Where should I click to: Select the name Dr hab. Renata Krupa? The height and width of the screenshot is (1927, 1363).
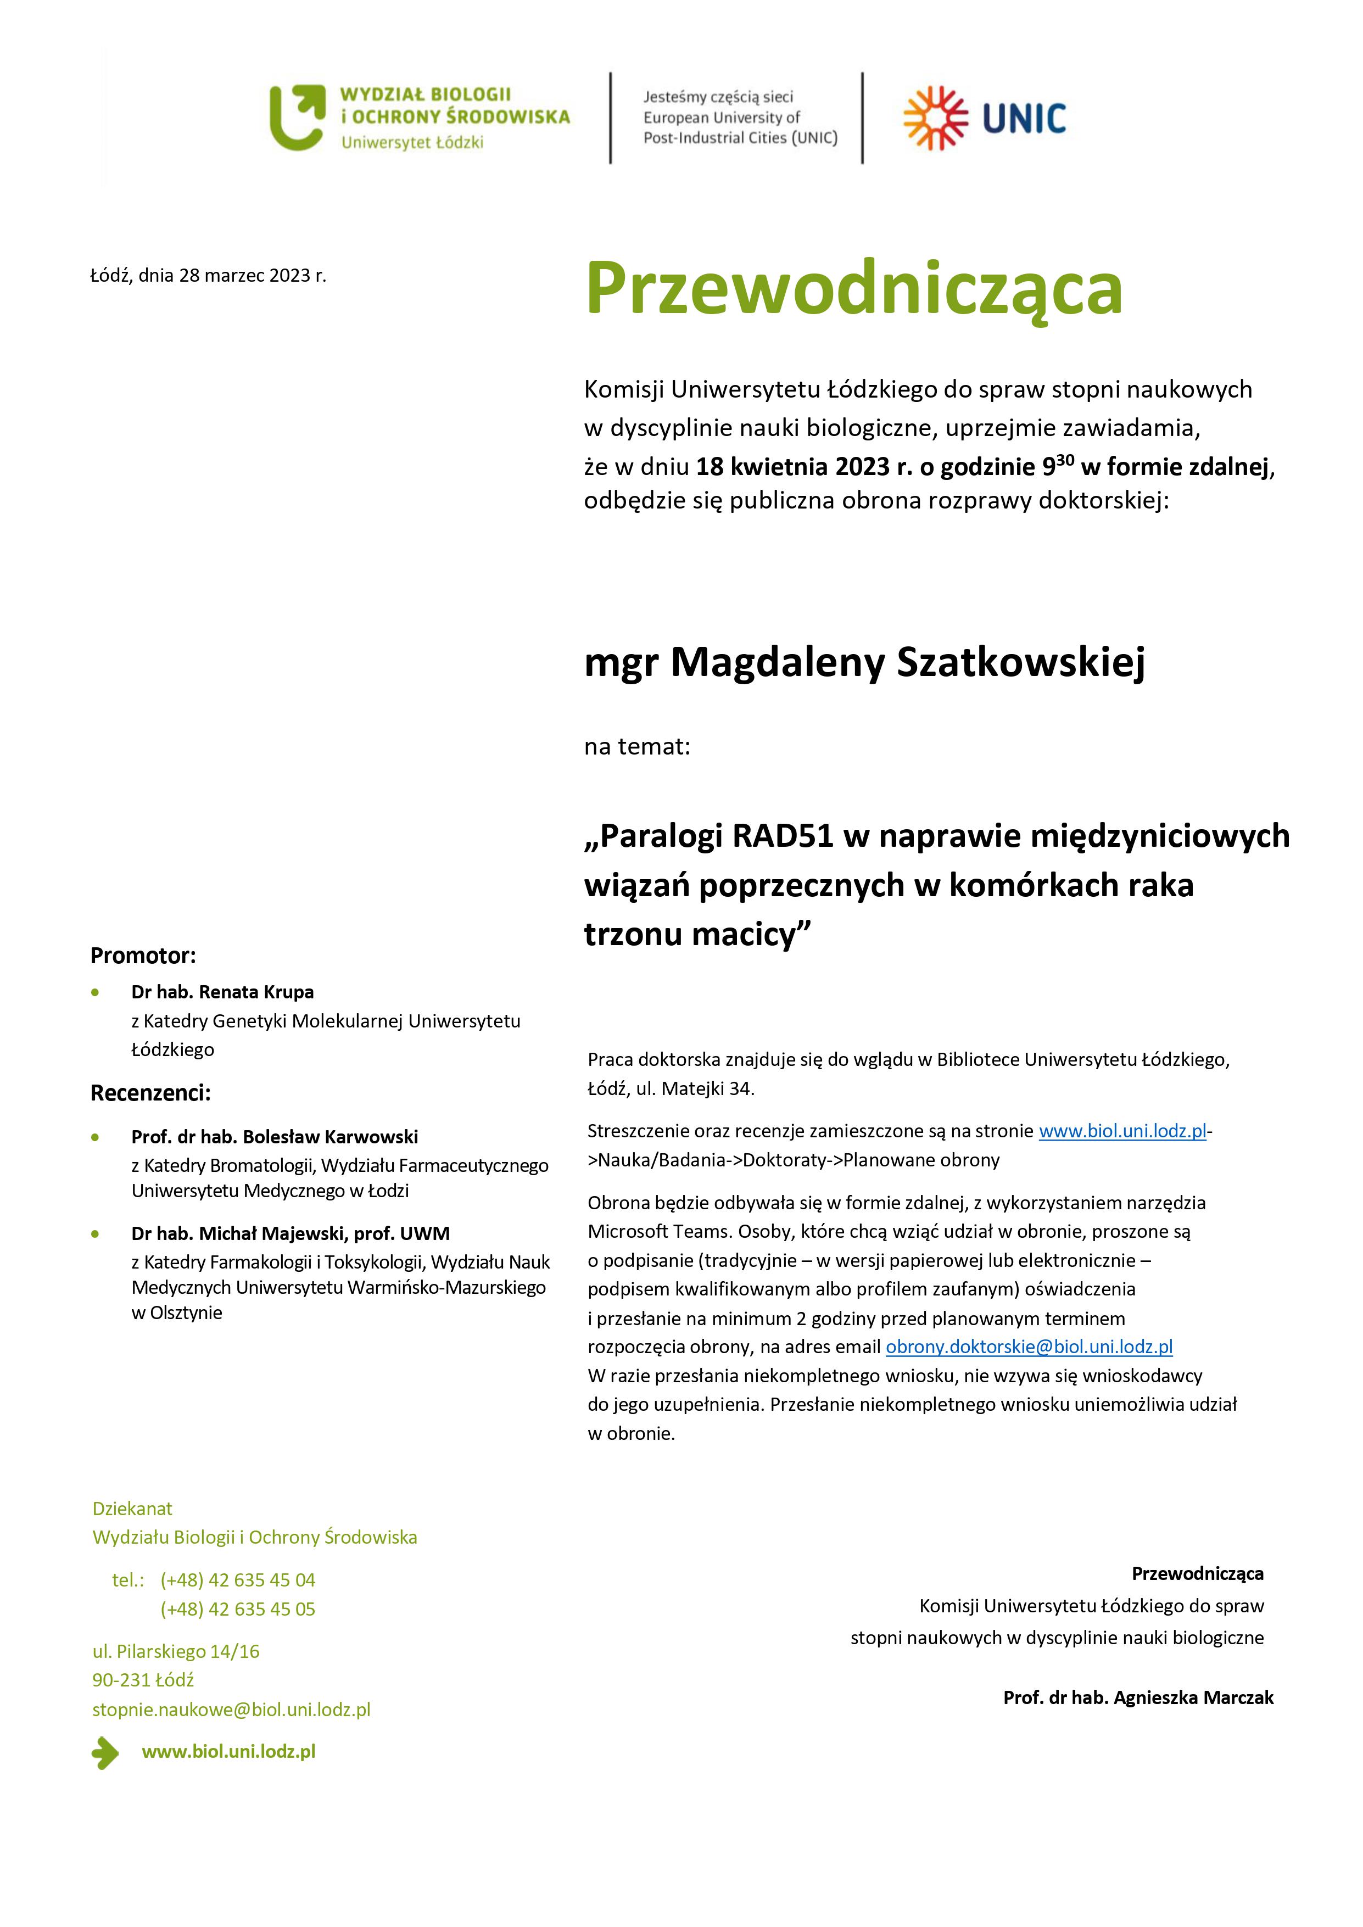tap(222, 992)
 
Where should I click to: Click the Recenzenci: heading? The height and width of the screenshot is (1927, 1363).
tap(150, 1093)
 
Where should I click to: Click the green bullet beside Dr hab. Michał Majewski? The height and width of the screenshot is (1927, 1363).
tap(96, 1234)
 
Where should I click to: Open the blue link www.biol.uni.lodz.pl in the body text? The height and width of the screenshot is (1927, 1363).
tap(1122, 1131)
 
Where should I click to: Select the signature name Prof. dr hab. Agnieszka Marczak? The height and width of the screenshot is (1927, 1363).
tap(1138, 1697)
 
